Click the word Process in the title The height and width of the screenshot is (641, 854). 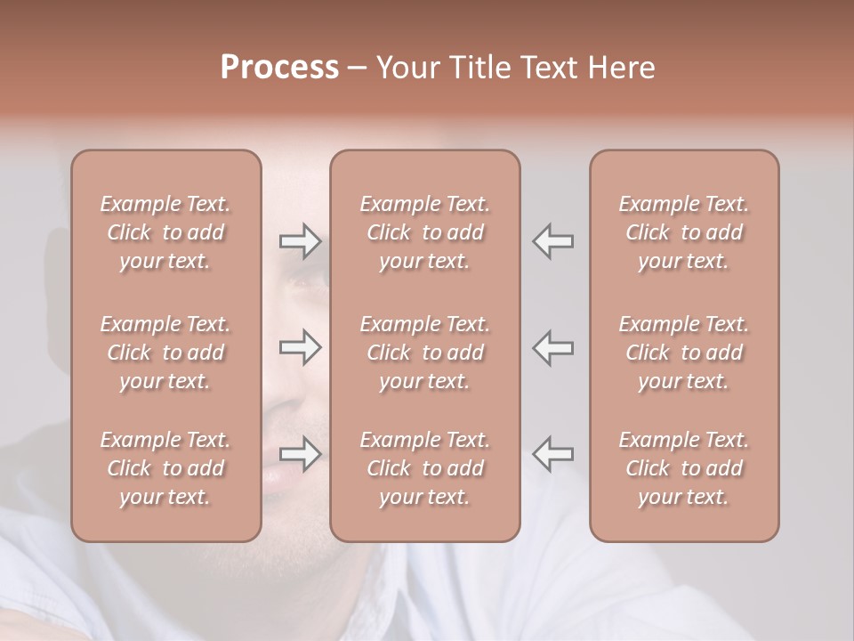click(x=279, y=68)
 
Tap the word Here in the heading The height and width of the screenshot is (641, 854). click(x=624, y=68)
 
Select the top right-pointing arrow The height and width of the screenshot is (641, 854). click(x=300, y=241)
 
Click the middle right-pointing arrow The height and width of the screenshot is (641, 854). click(x=300, y=347)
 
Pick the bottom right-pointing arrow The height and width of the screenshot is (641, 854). click(x=300, y=454)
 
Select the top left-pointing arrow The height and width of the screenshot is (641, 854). click(x=553, y=241)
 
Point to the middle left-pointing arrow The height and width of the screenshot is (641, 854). click(x=553, y=347)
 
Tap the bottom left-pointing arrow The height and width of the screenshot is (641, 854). click(x=553, y=454)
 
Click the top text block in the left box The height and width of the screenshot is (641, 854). click(x=165, y=232)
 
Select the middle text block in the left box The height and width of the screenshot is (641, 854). click(x=165, y=353)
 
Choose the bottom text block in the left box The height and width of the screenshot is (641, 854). click(x=165, y=468)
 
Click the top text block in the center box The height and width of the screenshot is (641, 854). click(x=424, y=232)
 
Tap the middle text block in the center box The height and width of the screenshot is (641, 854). click(x=424, y=353)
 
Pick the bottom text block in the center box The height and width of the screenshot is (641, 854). click(x=424, y=468)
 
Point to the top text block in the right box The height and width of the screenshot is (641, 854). click(x=683, y=232)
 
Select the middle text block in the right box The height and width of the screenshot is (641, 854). click(x=683, y=353)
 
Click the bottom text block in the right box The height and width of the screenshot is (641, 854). click(x=683, y=468)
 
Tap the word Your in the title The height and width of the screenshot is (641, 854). click(x=407, y=68)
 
